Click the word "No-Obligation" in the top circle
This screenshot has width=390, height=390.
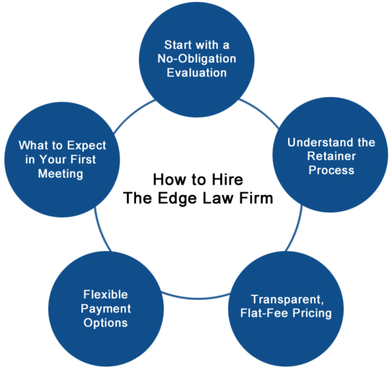click(197, 58)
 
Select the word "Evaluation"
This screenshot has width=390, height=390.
click(197, 73)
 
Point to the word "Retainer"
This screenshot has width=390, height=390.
click(331, 156)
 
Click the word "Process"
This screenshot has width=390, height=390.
click(331, 170)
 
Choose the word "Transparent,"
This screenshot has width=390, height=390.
click(287, 300)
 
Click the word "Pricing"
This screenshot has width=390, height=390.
click(312, 313)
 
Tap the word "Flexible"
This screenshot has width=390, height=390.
click(105, 294)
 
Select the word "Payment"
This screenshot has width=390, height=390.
click(106, 309)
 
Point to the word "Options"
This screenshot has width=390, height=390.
click(105, 323)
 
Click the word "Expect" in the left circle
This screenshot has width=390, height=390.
click(86, 146)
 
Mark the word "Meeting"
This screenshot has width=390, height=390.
click(60, 174)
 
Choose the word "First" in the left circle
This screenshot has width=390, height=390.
click(83, 159)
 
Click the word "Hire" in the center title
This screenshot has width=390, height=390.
click(227, 179)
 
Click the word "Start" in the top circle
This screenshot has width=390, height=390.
click(177, 45)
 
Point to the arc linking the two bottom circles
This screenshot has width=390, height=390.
click(196, 298)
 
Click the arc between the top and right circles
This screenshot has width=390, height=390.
click(261, 111)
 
